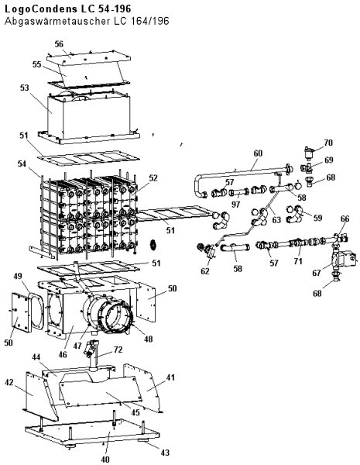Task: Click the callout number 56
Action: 59,44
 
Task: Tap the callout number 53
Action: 25,88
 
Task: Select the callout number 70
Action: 328,143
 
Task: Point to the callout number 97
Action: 235,205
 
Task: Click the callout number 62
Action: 204,271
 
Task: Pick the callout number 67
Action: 317,273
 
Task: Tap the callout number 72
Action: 118,350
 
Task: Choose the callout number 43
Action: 165,453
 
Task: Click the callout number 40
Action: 105,460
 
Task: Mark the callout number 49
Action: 18,276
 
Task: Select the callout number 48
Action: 148,339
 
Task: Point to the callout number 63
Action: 276,220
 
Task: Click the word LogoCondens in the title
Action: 40,9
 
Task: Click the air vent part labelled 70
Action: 309,153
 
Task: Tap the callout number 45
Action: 135,412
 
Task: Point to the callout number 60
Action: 258,153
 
